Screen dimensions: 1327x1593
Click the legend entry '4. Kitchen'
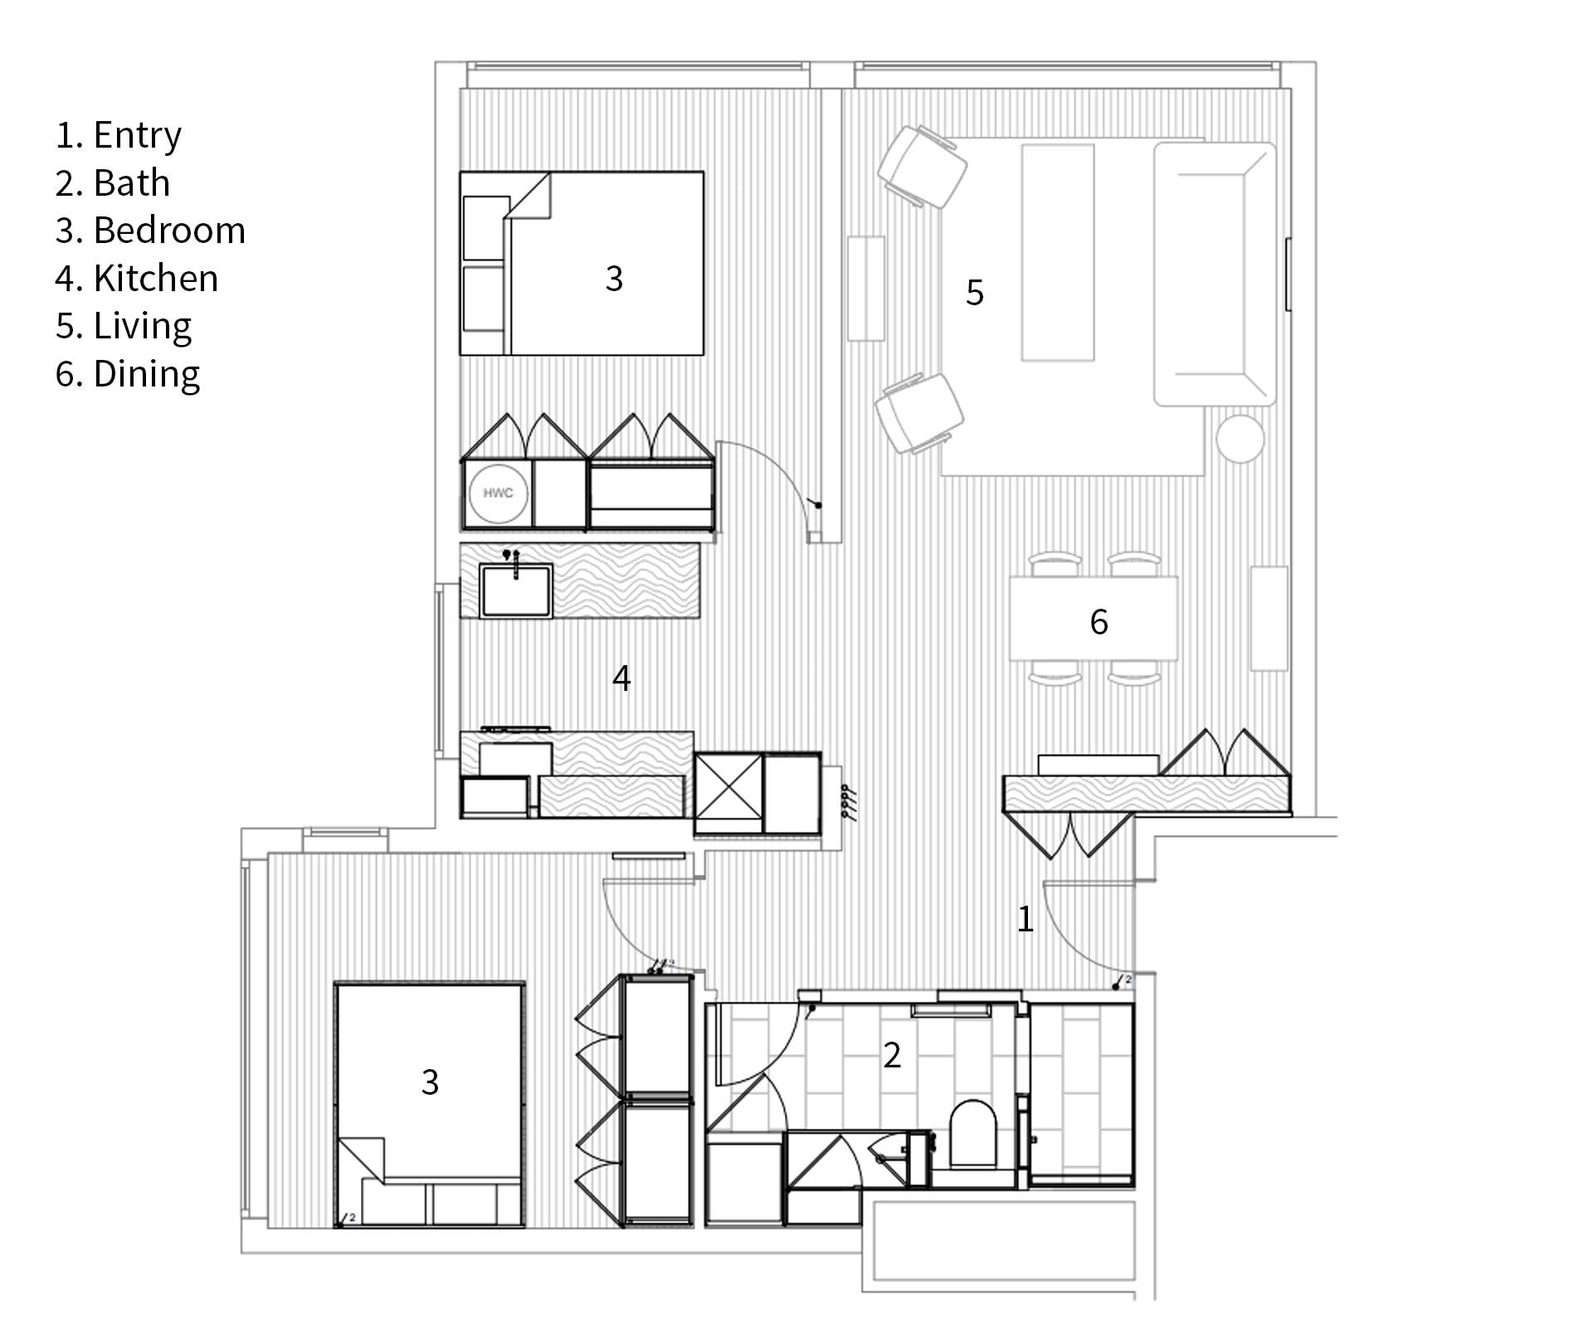coord(137,279)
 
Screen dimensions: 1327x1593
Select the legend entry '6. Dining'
coord(128,374)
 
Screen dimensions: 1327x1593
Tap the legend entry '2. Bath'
coord(113,183)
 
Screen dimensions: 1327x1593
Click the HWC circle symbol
coord(498,493)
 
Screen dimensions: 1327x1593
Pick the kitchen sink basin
coord(515,591)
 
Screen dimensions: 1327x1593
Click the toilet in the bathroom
coord(972,1133)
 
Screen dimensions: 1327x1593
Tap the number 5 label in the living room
coord(975,293)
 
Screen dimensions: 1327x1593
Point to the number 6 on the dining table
coord(1099,622)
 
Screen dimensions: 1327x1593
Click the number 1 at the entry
coord(1025,919)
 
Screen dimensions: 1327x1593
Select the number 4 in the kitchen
coord(621,678)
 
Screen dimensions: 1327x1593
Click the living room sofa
coord(1214,274)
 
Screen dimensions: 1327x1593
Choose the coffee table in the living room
coord(1058,252)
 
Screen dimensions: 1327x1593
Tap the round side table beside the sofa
coord(1240,437)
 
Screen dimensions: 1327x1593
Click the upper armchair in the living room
coord(923,167)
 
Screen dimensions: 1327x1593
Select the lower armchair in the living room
coord(919,412)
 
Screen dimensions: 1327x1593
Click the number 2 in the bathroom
coord(892,1055)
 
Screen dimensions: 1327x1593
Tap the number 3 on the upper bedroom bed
coord(614,279)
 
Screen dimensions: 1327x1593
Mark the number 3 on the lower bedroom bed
coord(430,1082)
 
